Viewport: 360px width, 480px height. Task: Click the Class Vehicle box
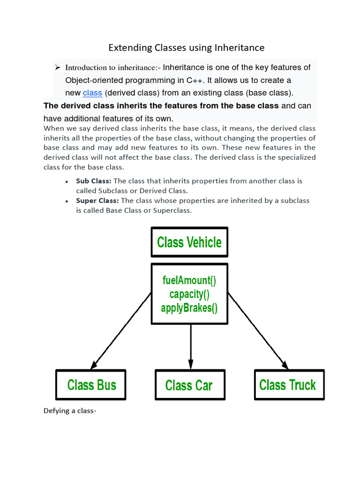coord(189,242)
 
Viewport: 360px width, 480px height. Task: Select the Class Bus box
coord(91,385)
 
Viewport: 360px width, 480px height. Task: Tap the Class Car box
coord(189,385)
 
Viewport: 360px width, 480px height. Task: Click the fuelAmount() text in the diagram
coord(189,280)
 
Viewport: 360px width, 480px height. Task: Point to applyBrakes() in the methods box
coord(189,308)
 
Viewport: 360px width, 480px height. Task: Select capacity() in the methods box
coord(189,294)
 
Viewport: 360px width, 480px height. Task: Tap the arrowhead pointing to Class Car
coord(190,364)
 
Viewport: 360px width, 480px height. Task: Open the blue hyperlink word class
coord(92,93)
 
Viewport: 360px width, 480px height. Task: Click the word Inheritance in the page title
coord(240,48)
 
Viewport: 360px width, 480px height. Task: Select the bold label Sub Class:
coord(94,181)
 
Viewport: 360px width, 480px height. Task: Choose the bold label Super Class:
coord(97,201)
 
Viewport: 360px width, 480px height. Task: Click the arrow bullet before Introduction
coord(58,67)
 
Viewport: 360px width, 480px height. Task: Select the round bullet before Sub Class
coord(67,181)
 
